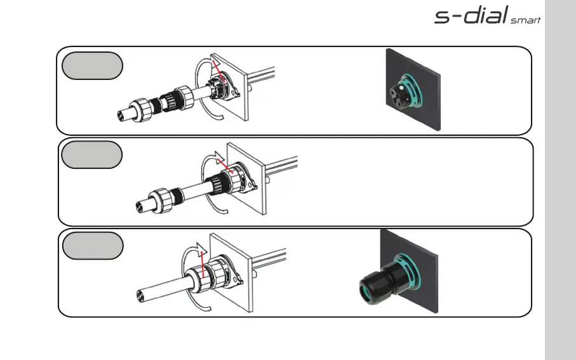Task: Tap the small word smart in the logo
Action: click(x=525, y=20)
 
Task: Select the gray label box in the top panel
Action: click(x=92, y=65)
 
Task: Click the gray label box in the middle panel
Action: click(x=92, y=155)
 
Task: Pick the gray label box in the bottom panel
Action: click(x=92, y=246)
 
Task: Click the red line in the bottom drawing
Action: click(x=202, y=260)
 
